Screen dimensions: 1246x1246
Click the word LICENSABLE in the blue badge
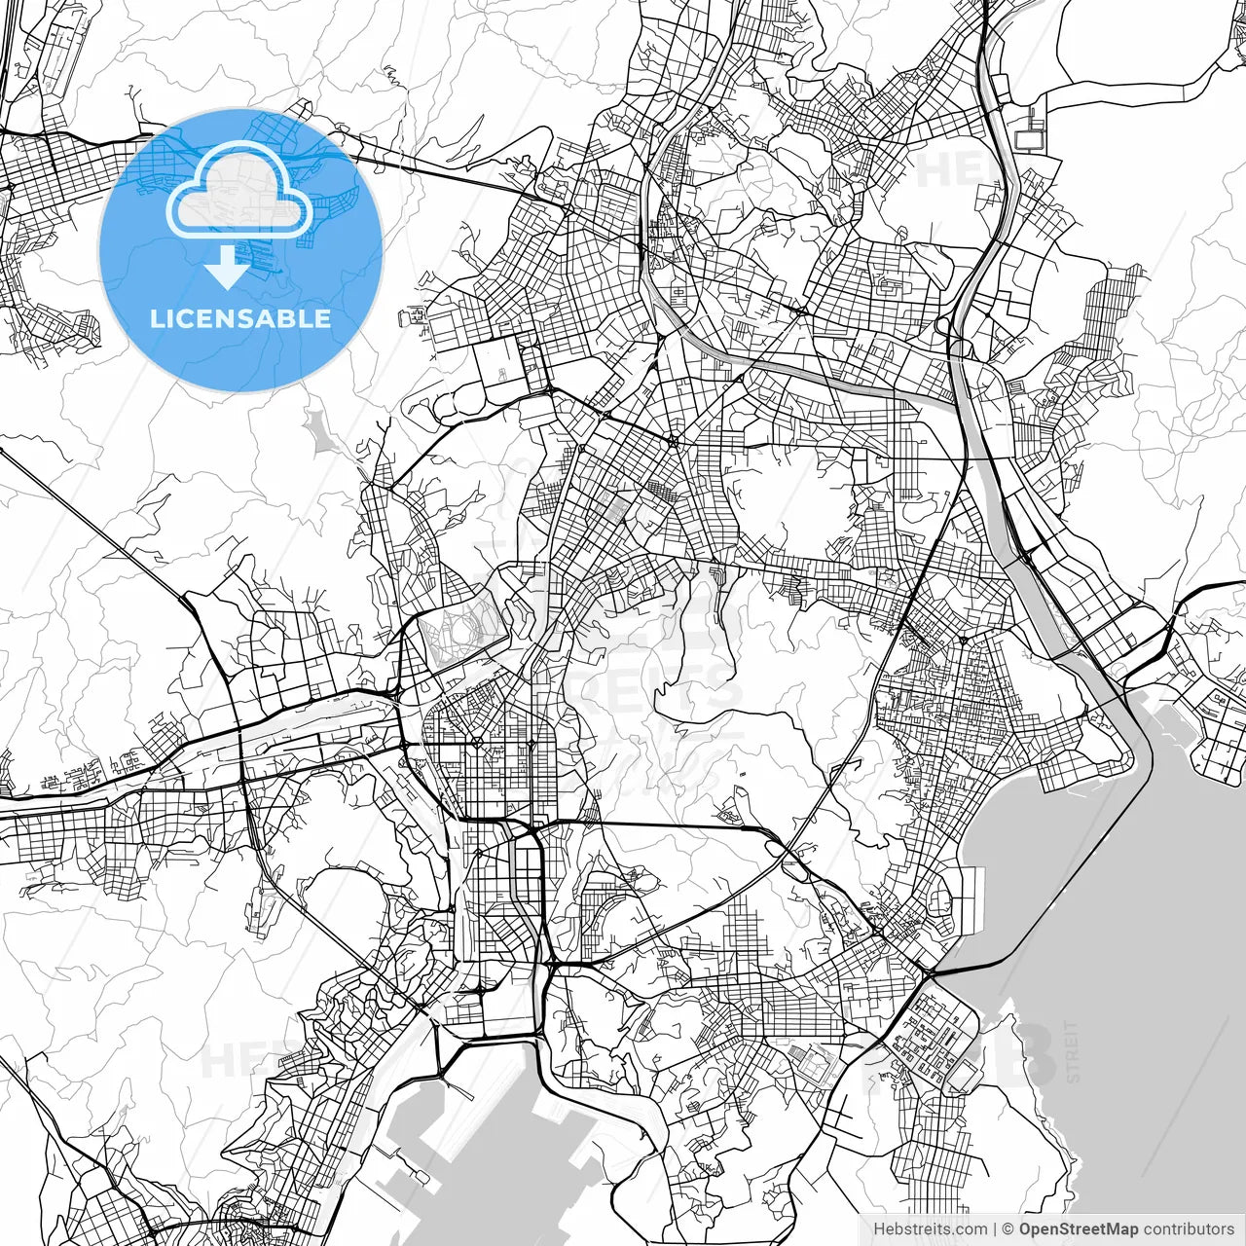click(x=240, y=319)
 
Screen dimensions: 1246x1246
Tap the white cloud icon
click(x=239, y=191)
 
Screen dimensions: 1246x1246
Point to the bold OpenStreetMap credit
click(x=1079, y=1229)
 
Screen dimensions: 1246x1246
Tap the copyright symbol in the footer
click(x=1008, y=1229)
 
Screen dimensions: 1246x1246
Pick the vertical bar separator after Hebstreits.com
click(x=995, y=1229)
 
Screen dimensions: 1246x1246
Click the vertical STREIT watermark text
click(x=1074, y=1051)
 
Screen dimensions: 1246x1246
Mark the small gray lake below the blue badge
click(x=317, y=428)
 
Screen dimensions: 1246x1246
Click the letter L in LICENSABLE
click(x=156, y=319)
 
